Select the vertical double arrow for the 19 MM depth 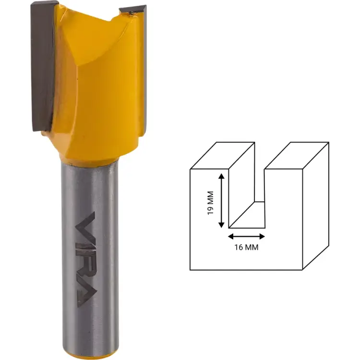221,201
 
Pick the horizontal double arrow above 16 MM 246,236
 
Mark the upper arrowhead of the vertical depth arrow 221,176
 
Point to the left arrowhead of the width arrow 230,236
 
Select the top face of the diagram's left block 222,155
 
